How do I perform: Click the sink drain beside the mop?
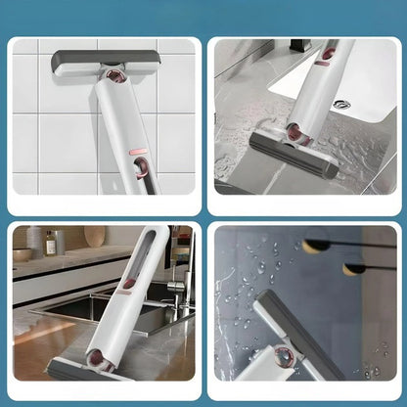point(340,104)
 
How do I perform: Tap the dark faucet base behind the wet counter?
point(294,46)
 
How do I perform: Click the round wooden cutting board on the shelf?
point(94,238)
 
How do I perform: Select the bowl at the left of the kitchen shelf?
point(23,254)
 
